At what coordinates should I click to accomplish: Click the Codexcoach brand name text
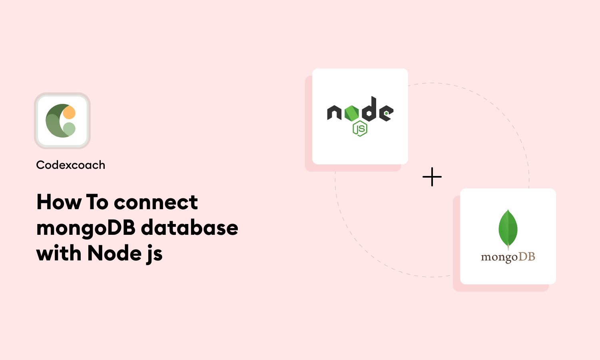click(x=70, y=165)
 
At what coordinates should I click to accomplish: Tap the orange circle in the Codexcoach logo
click(x=69, y=112)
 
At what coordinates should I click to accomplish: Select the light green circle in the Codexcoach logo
click(x=69, y=129)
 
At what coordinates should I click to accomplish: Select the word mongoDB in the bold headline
click(x=86, y=228)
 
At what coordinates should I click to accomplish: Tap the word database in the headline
click(x=189, y=228)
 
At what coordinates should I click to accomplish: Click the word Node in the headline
click(x=114, y=253)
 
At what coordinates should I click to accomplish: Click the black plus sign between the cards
click(x=432, y=177)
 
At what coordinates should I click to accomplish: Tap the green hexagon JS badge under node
click(x=360, y=128)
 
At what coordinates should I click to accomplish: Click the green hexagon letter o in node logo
click(x=351, y=113)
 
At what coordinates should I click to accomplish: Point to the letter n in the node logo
click(x=334, y=113)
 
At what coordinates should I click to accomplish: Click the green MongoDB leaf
click(x=508, y=229)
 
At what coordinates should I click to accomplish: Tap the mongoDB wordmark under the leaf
click(x=508, y=257)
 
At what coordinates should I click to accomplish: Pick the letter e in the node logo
click(x=386, y=113)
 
